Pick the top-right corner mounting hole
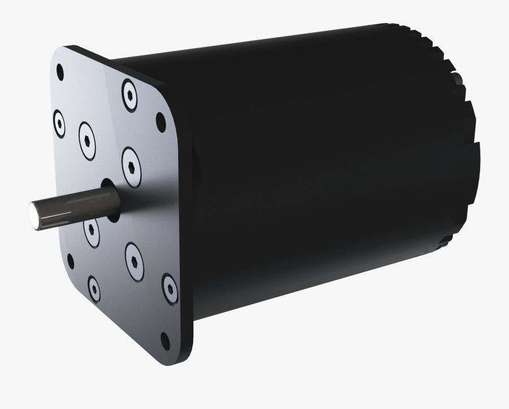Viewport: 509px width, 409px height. click(161, 119)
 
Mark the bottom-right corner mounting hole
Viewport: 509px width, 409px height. click(166, 340)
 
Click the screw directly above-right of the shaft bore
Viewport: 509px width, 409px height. click(131, 166)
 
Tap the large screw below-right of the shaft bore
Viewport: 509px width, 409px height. click(133, 261)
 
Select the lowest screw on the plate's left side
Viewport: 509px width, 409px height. click(94, 289)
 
